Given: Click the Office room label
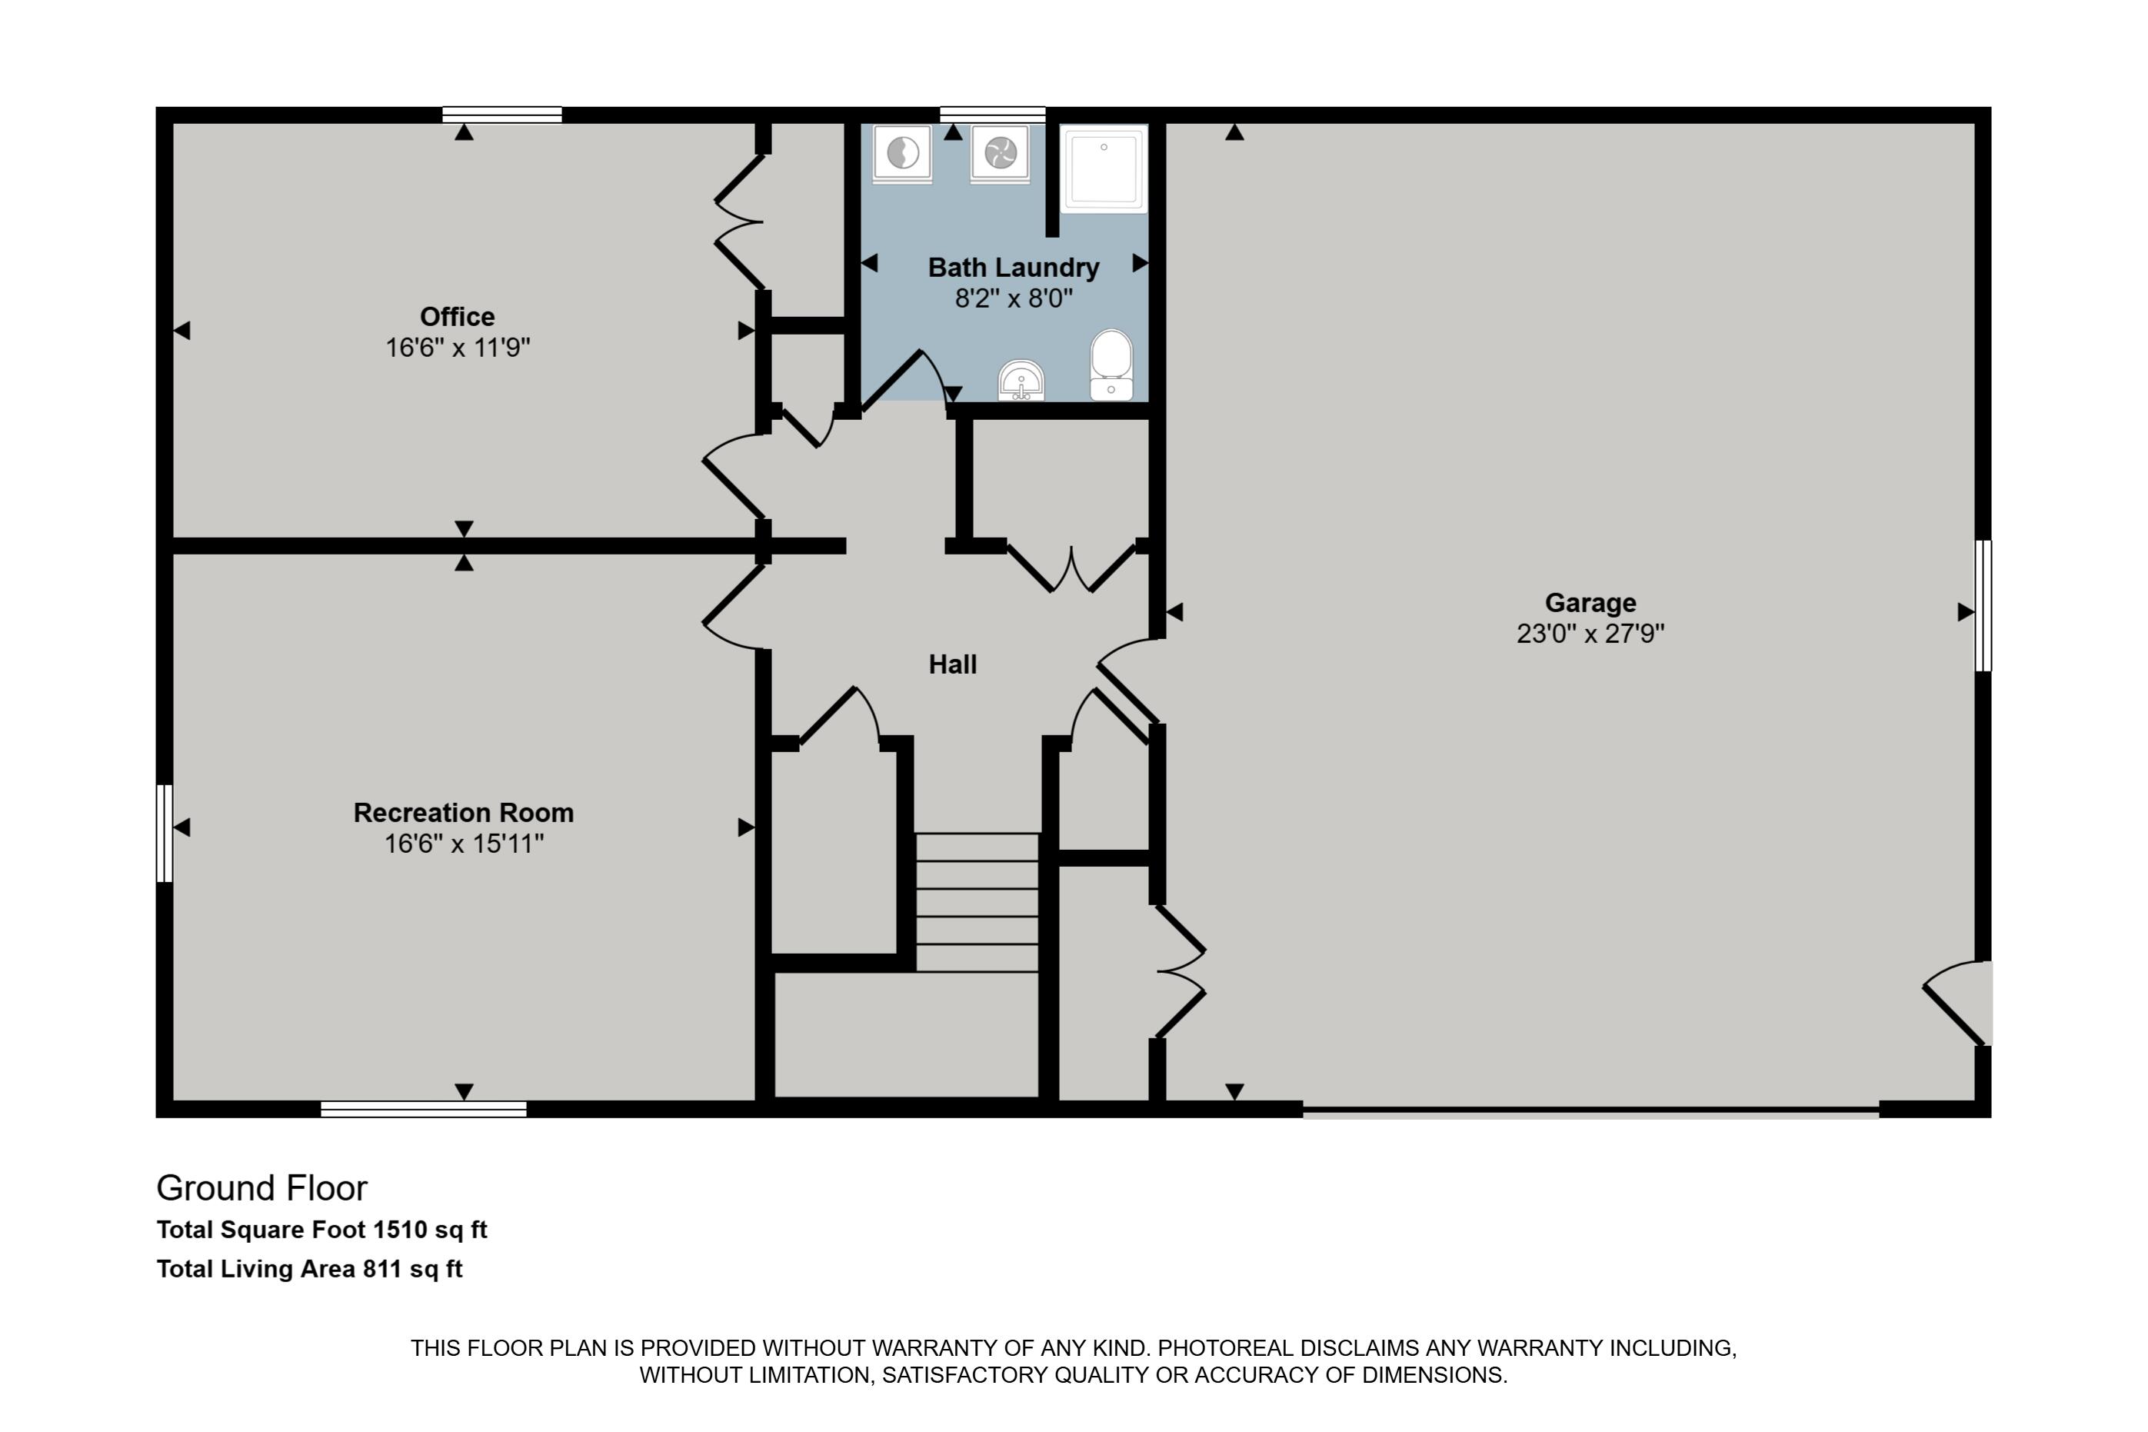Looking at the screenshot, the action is [x=457, y=317].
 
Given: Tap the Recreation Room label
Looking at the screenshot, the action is [x=463, y=813].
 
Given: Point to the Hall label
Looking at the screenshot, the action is [x=953, y=664].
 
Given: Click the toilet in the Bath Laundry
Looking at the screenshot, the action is [x=1111, y=365].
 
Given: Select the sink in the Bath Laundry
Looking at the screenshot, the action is [x=1021, y=381].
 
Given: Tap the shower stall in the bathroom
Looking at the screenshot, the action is [x=1104, y=169].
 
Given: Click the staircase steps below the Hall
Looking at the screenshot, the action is [x=977, y=901].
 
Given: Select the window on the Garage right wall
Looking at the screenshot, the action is [x=1983, y=605].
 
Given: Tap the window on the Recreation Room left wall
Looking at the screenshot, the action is [x=165, y=833].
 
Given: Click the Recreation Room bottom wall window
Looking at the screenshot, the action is [x=424, y=1109].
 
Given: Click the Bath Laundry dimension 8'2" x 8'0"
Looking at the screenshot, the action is [x=1014, y=298].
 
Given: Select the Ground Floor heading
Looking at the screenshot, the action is [x=262, y=1188].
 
